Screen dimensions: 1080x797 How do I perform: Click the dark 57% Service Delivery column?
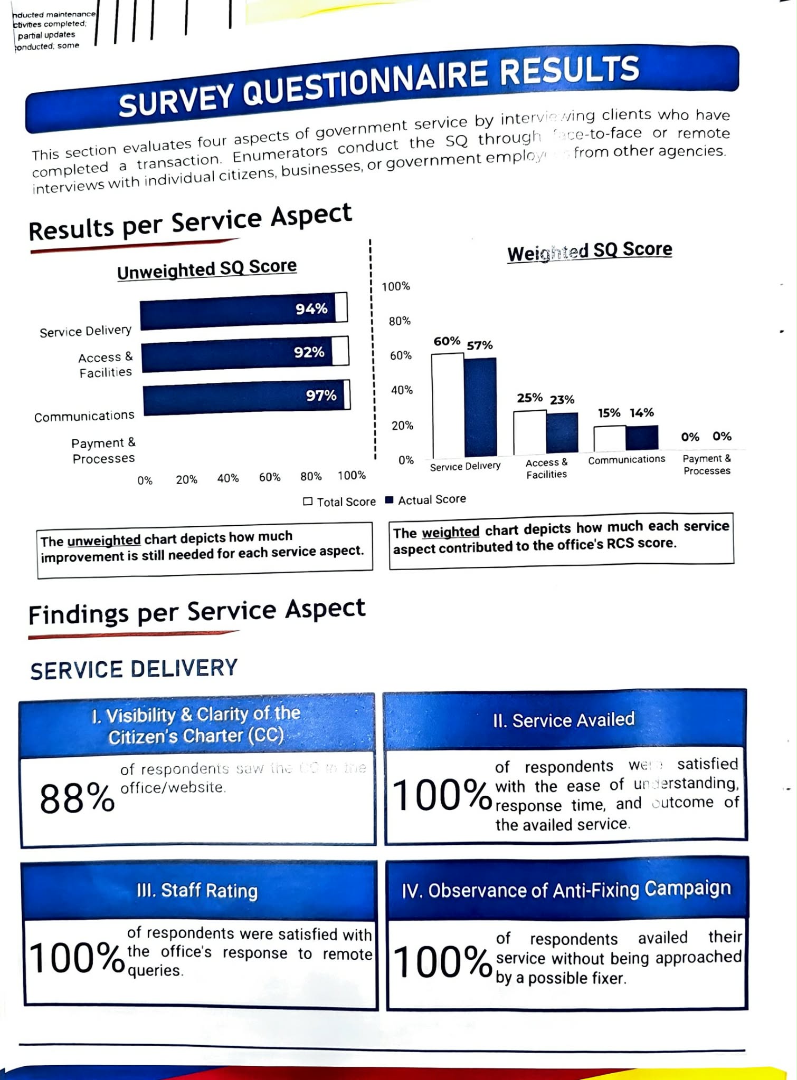pyautogui.click(x=480, y=406)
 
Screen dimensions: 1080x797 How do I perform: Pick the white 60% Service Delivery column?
pyautogui.click(x=448, y=405)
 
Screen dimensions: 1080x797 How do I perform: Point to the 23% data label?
pyautogui.click(x=562, y=400)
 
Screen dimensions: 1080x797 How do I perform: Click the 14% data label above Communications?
pyautogui.click(x=642, y=412)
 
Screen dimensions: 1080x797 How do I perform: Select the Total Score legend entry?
pyautogui.click(x=340, y=502)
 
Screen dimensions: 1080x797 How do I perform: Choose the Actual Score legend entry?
pyautogui.click(x=426, y=499)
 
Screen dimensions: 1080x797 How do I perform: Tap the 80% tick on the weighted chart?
pyautogui.click(x=400, y=321)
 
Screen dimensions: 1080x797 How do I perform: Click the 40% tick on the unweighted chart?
pyautogui.click(x=228, y=478)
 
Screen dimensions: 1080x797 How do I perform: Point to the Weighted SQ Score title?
pyautogui.click(x=590, y=251)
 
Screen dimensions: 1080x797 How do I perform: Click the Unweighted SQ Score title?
pyautogui.click(x=207, y=269)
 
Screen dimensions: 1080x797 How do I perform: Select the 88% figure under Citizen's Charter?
pyautogui.click(x=77, y=798)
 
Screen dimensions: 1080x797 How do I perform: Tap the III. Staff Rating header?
pyautogui.click(x=197, y=891)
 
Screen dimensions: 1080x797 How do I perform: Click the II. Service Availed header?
pyautogui.click(x=564, y=720)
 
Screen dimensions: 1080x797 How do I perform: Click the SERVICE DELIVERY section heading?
pyautogui.click(x=134, y=669)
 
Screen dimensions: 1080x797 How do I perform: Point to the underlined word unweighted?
pyautogui.click(x=104, y=541)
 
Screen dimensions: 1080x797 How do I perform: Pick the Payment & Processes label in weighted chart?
pyautogui.click(x=707, y=465)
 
